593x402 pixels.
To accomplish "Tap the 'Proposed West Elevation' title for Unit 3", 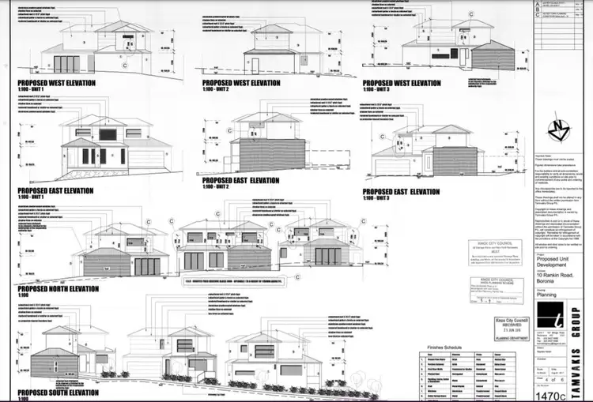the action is [402, 82].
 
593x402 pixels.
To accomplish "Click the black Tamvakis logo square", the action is [557, 324].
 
